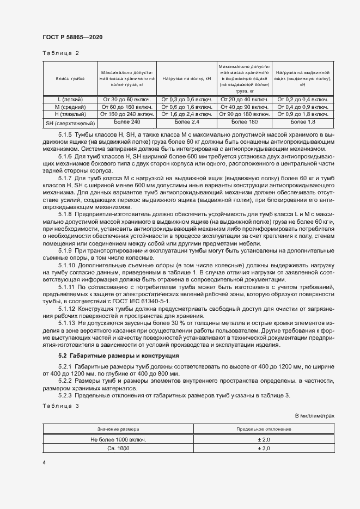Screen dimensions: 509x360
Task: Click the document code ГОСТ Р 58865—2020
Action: (72, 37)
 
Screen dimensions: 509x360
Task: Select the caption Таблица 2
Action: (60, 53)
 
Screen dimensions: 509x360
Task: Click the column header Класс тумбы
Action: (70, 79)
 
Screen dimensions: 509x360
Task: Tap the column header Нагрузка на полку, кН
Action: (186, 79)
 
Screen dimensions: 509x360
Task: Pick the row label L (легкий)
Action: (70, 100)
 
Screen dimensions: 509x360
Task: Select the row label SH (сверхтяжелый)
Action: (70, 124)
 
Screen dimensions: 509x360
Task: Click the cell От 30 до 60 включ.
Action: (127, 100)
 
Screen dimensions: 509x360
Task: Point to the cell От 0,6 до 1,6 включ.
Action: (186, 107)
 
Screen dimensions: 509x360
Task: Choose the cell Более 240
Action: (127, 122)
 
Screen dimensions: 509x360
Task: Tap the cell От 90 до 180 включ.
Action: (244, 115)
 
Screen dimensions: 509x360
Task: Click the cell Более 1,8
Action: (302, 122)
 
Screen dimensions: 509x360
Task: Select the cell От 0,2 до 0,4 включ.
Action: (302, 100)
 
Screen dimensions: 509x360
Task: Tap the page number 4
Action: (44, 462)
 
